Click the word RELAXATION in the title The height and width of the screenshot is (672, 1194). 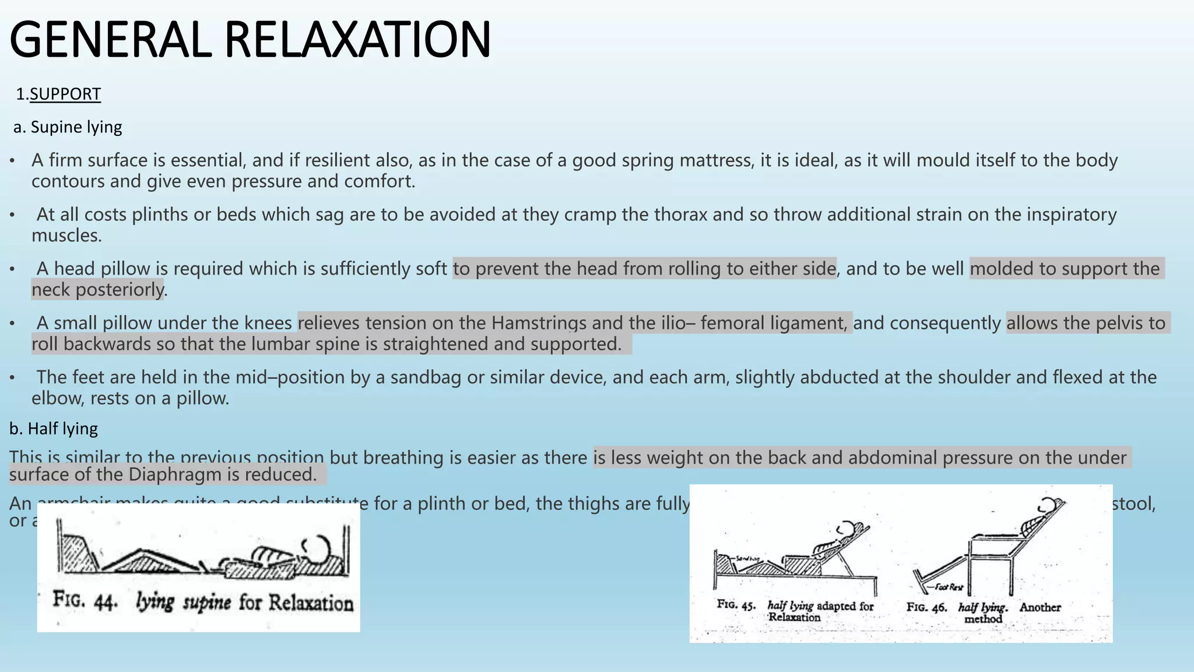(357, 40)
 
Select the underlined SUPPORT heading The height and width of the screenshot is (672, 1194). (65, 94)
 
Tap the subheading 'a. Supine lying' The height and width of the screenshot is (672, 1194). (68, 127)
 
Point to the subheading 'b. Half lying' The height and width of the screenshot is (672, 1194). (54, 429)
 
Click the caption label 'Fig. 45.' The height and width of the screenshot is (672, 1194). (736, 605)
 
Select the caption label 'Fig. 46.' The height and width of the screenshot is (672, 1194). (926, 607)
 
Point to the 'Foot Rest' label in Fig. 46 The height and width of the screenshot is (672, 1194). (949, 587)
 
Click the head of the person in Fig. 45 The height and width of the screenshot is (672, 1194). (849, 528)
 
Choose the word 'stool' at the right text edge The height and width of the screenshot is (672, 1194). (1133, 503)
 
